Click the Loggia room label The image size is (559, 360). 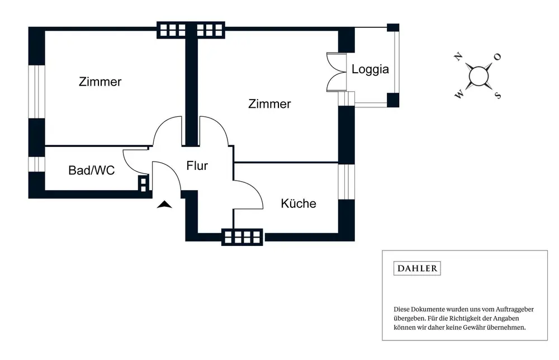(x=370, y=70)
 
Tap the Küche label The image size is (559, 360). (x=299, y=203)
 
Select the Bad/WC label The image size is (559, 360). (x=92, y=170)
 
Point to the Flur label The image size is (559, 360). (x=197, y=165)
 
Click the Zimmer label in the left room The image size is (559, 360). (x=100, y=82)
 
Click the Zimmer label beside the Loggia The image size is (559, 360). (x=269, y=104)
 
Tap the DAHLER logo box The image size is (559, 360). (x=417, y=268)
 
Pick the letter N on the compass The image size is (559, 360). (x=459, y=57)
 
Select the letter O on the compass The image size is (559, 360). (x=497, y=56)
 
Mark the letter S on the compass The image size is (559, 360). (x=497, y=95)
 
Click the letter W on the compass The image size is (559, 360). (x=459, y=95)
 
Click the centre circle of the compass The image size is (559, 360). (x=478, y=75)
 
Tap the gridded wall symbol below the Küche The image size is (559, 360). (x=243, y=237)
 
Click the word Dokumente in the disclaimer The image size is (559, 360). (x=424, y=309)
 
